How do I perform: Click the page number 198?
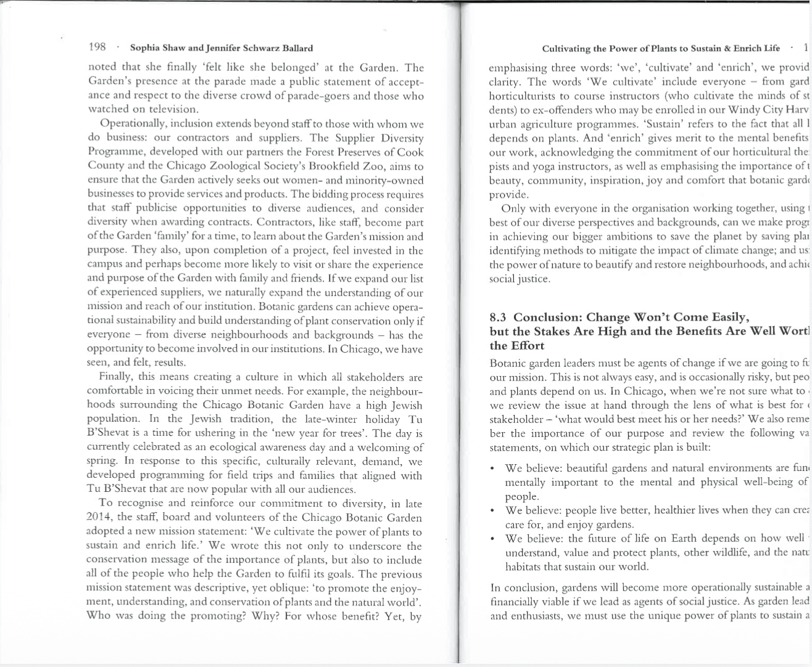pyautogui.click(x=97, y=47)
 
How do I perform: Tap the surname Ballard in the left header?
pyautogui.click(x=296, y=48)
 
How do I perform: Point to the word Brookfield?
pyautogui.click(x=342, y=166)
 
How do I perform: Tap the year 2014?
pyautogui.click(x=99, y=517)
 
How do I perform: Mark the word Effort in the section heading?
pyautogui.click(x=528, y=346)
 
